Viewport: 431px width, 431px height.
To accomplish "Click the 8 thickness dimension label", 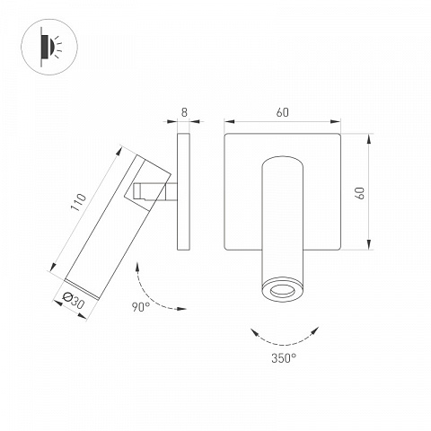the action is tap(184, 112).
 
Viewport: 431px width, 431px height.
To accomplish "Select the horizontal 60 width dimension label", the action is tap(283, 112).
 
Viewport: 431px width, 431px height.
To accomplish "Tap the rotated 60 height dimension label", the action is tap(360, 193).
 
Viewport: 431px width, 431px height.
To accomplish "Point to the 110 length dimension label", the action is tap(78, 202).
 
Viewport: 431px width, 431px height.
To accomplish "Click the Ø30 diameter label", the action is tap(74, 301).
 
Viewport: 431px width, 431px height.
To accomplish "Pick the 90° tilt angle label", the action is tap(141, 307).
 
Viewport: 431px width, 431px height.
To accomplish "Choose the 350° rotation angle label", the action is tap(284, 358).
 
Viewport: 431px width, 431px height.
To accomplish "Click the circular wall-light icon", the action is tap(49, 47).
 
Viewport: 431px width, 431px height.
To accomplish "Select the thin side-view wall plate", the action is tap(183, 191).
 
